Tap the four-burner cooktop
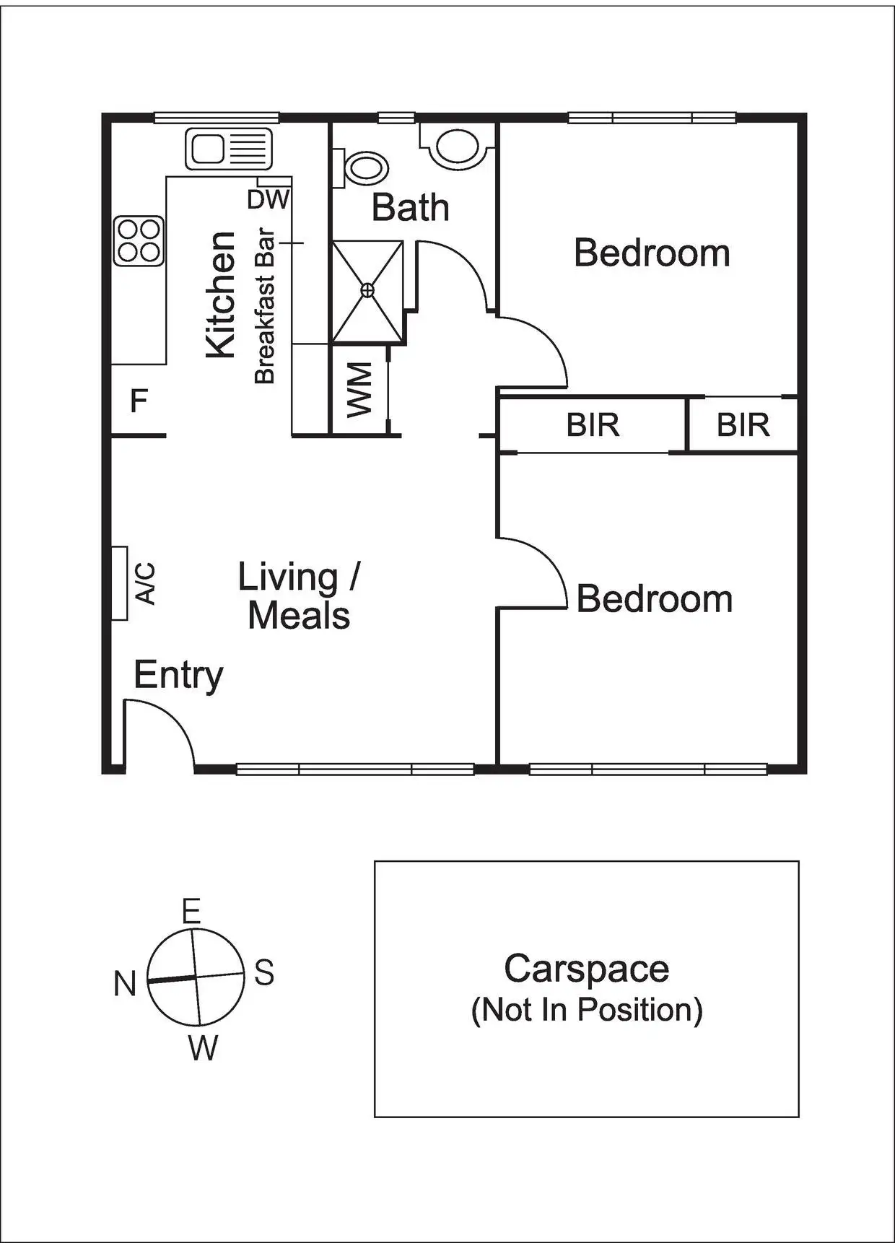tap(139, 240)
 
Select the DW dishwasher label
tap(268, 200)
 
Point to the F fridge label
tap(139, 401)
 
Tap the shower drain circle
tap(367, 290)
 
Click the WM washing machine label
tap(359, 390)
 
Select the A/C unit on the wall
tap(120, 583)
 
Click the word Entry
tap(178, 676)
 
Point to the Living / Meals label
tap(299, 596)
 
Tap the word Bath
tap(410, 208)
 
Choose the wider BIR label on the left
tap(593, 425)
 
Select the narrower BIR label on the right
tap(743, 425)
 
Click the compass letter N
tap(125, 983)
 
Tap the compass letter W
tap(203, 1048)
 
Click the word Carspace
tap(586, 969)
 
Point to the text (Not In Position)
tap(586, 1009)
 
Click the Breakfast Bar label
tap(265, 306)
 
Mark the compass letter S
tap(264, 973)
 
